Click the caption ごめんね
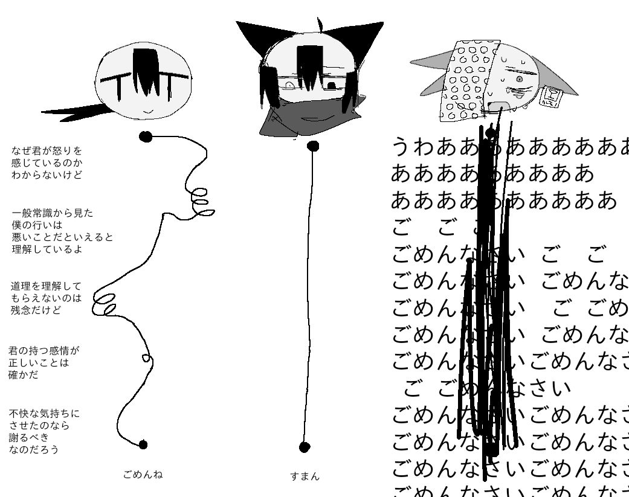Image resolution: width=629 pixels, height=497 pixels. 143,475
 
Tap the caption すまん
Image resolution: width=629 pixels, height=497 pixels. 305,477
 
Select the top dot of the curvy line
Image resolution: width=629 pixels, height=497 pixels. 146,136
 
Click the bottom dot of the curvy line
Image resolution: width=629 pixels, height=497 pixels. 143,444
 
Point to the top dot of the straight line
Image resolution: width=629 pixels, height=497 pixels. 313,146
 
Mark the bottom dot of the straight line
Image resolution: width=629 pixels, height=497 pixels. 305,447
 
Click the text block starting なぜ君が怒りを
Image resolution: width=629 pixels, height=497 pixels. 47,162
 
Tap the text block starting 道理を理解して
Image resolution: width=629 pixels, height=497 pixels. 46,298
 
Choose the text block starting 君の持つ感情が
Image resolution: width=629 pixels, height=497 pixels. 44,362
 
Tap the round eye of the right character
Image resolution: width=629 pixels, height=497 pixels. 518,79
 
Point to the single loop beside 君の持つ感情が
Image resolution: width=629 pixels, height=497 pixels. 146,357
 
